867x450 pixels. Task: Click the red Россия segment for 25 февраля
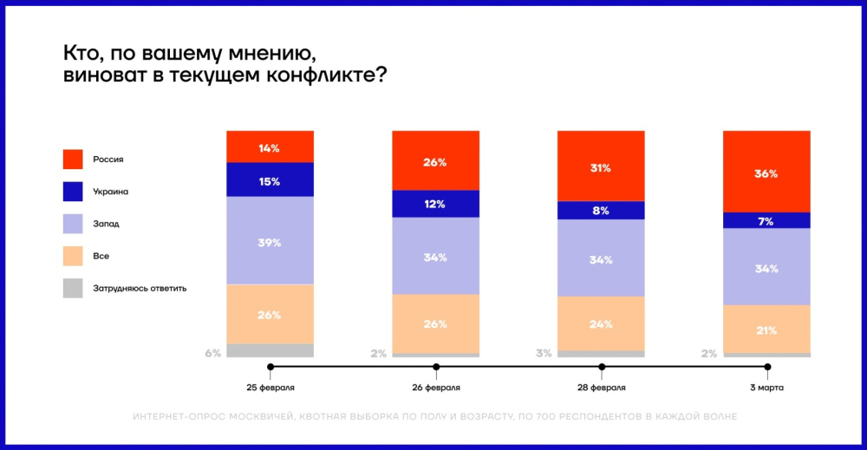coord(270,147)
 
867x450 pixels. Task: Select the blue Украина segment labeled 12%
coord(435,204)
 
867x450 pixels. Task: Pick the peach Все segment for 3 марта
coord(766,329)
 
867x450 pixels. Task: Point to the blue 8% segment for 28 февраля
coord(601,210)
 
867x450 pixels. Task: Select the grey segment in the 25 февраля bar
coord(270,350)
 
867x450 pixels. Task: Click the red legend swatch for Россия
coord(73,160)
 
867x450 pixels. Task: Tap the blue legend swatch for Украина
coord(73,192)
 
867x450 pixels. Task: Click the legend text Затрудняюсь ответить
coord(140,289)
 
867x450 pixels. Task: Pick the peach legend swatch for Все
coord(73,257)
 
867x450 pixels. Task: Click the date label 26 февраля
coord(435,387)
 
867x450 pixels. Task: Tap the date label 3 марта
coord(766,387)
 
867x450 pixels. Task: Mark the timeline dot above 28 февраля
coord(602,367)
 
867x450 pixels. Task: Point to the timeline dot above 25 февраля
coord(271,367)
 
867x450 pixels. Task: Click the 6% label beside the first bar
coord(213,353)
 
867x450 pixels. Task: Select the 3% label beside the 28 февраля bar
coord(544,353)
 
